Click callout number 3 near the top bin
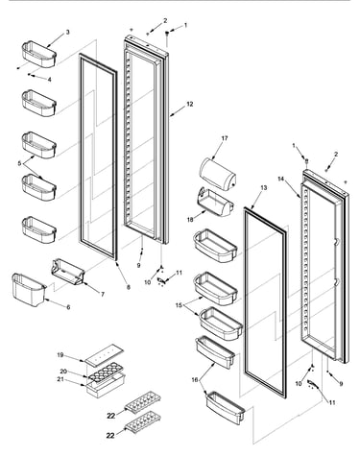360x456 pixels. coord(67,32)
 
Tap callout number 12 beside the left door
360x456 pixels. coord(190,104)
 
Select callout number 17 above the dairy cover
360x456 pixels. coord(225,138)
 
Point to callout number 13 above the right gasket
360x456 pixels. coord(263,188)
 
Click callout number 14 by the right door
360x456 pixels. coord(281,180)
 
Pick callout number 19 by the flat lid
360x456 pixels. coord(60,355)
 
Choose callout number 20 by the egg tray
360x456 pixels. coord(63,372)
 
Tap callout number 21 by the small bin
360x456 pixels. coord(60,379)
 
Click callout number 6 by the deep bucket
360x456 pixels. coord(68,307)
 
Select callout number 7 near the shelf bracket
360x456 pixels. coord(103,295)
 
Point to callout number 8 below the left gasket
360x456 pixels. coord(129,287)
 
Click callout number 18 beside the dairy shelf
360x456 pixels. coord(190,220)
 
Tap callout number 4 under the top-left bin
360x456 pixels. coord(49,80)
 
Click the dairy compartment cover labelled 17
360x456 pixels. coord(218,175)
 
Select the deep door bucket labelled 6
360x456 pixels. coord(29,290)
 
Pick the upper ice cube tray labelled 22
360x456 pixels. coord(143,401)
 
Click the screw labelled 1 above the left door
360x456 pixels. coord(167,37)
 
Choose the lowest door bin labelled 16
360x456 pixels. coord(226,408)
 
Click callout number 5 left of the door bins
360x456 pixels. coord(20,163)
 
